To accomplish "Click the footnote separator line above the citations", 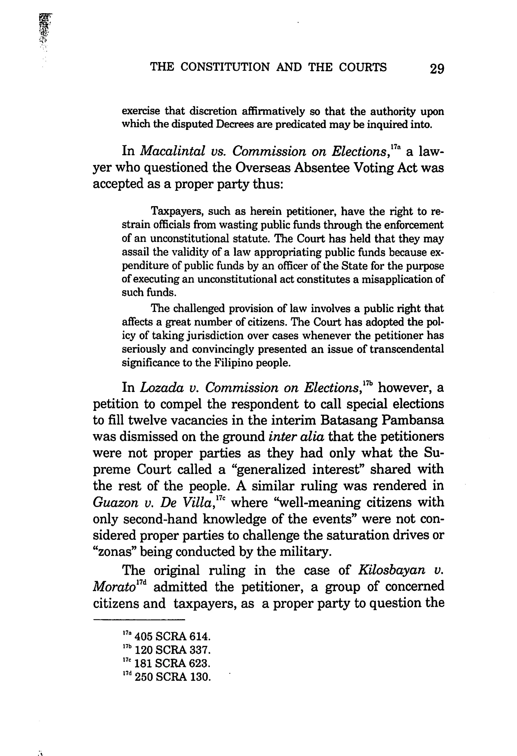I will tap(139, 619).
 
